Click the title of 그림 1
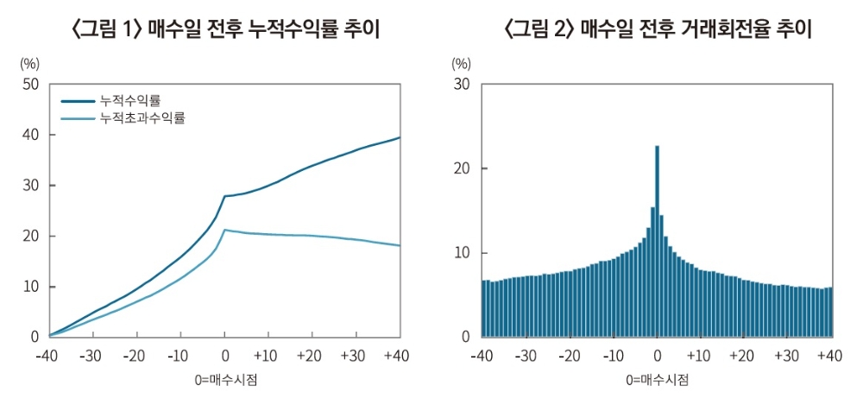[x=225, y=29]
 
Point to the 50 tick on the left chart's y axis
[x=30, y=84]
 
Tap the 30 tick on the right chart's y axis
[x=462, y=84]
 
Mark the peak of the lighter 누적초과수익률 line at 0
[x=224, y=230]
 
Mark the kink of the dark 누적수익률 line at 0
[x=224, y=196]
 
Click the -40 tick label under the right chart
[x=482, y=357]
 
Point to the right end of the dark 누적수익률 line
[x=400, y=137]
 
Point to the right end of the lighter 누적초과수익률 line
[x=400, y=246]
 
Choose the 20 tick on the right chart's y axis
[x=462, y=168]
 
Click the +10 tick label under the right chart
[x=699, y=357]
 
